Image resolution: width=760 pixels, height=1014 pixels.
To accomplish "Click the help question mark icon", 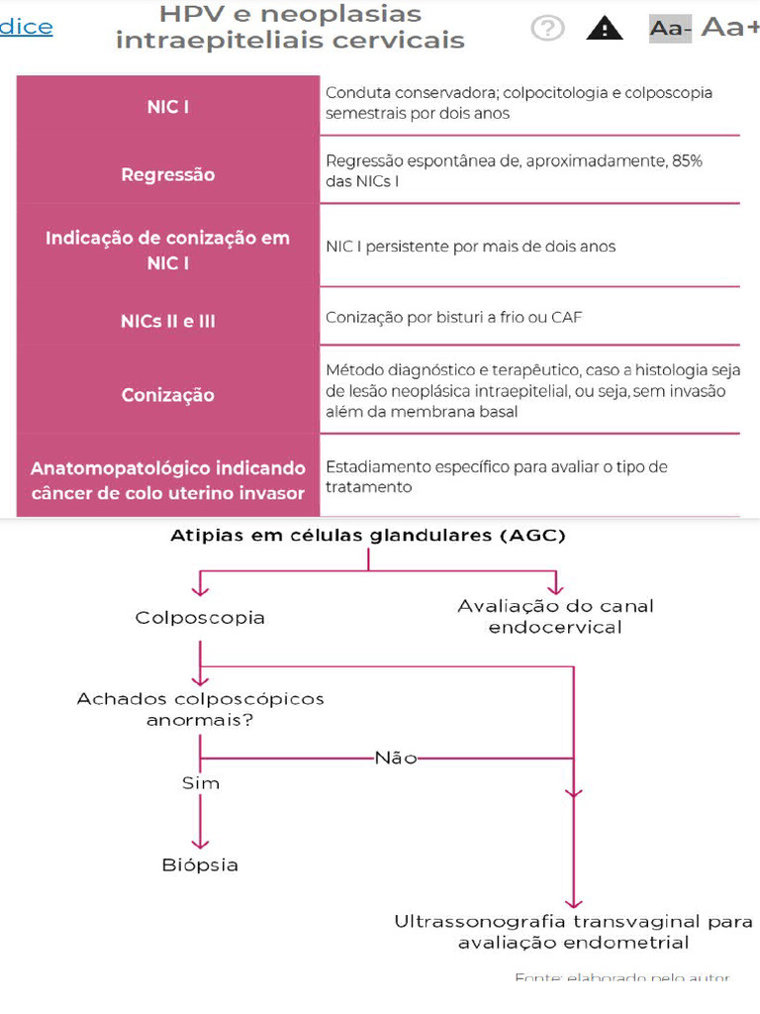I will click(547, 28).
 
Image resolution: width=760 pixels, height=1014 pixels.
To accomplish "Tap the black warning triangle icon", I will click(605, 28).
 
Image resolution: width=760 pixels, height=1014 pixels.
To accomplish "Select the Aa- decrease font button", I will click(670, 29).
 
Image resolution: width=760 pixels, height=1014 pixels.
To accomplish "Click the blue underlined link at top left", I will click(27, 27).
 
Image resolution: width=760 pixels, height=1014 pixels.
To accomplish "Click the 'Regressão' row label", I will click(168, 174).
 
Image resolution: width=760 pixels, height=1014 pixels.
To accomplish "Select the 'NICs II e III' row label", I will click(168, 322).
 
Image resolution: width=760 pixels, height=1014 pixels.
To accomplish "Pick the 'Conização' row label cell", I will click(168, 394).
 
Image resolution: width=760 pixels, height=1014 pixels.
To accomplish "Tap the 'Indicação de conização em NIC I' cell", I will click(168, 251).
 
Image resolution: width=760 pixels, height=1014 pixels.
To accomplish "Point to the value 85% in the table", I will click(686, 160).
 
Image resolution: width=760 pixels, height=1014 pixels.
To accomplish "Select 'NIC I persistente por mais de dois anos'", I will click(470, 247).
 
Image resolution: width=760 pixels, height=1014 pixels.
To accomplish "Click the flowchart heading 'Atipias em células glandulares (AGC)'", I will click(368, 536).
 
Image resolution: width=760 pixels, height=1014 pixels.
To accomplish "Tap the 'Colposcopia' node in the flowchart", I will click(200, 618).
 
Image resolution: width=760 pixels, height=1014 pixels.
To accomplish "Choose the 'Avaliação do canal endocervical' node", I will click(555, 616).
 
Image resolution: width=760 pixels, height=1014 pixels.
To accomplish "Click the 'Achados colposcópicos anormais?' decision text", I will click(200, 709).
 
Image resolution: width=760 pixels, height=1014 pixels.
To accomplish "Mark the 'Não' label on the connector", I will click(396, 759).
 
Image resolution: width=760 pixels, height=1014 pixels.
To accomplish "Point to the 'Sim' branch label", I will click(200, 783).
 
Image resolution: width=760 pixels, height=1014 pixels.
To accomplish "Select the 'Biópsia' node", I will click(200, 865).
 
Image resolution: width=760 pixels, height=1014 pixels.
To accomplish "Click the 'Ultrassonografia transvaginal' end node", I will click(573, 932).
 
